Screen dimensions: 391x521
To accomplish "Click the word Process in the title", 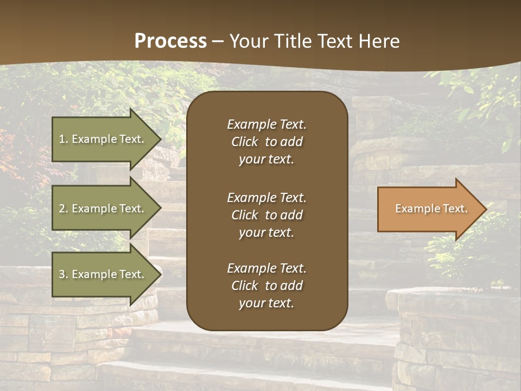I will click(x=170, y=41).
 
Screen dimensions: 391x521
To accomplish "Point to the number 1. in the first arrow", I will click(x=63, y=139).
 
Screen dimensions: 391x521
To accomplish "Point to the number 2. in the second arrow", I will click(x=63, y=209).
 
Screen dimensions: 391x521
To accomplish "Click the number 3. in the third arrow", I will click(x=63, y=274).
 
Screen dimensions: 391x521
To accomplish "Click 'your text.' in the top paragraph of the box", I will click(x=266, y=160).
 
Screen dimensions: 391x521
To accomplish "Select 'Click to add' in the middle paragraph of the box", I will click(x=266, y=215).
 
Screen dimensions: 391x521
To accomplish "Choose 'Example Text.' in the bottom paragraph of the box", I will click(x=266, y=268).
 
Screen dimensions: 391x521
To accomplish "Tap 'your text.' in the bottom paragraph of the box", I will click(x=266, y=304).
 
